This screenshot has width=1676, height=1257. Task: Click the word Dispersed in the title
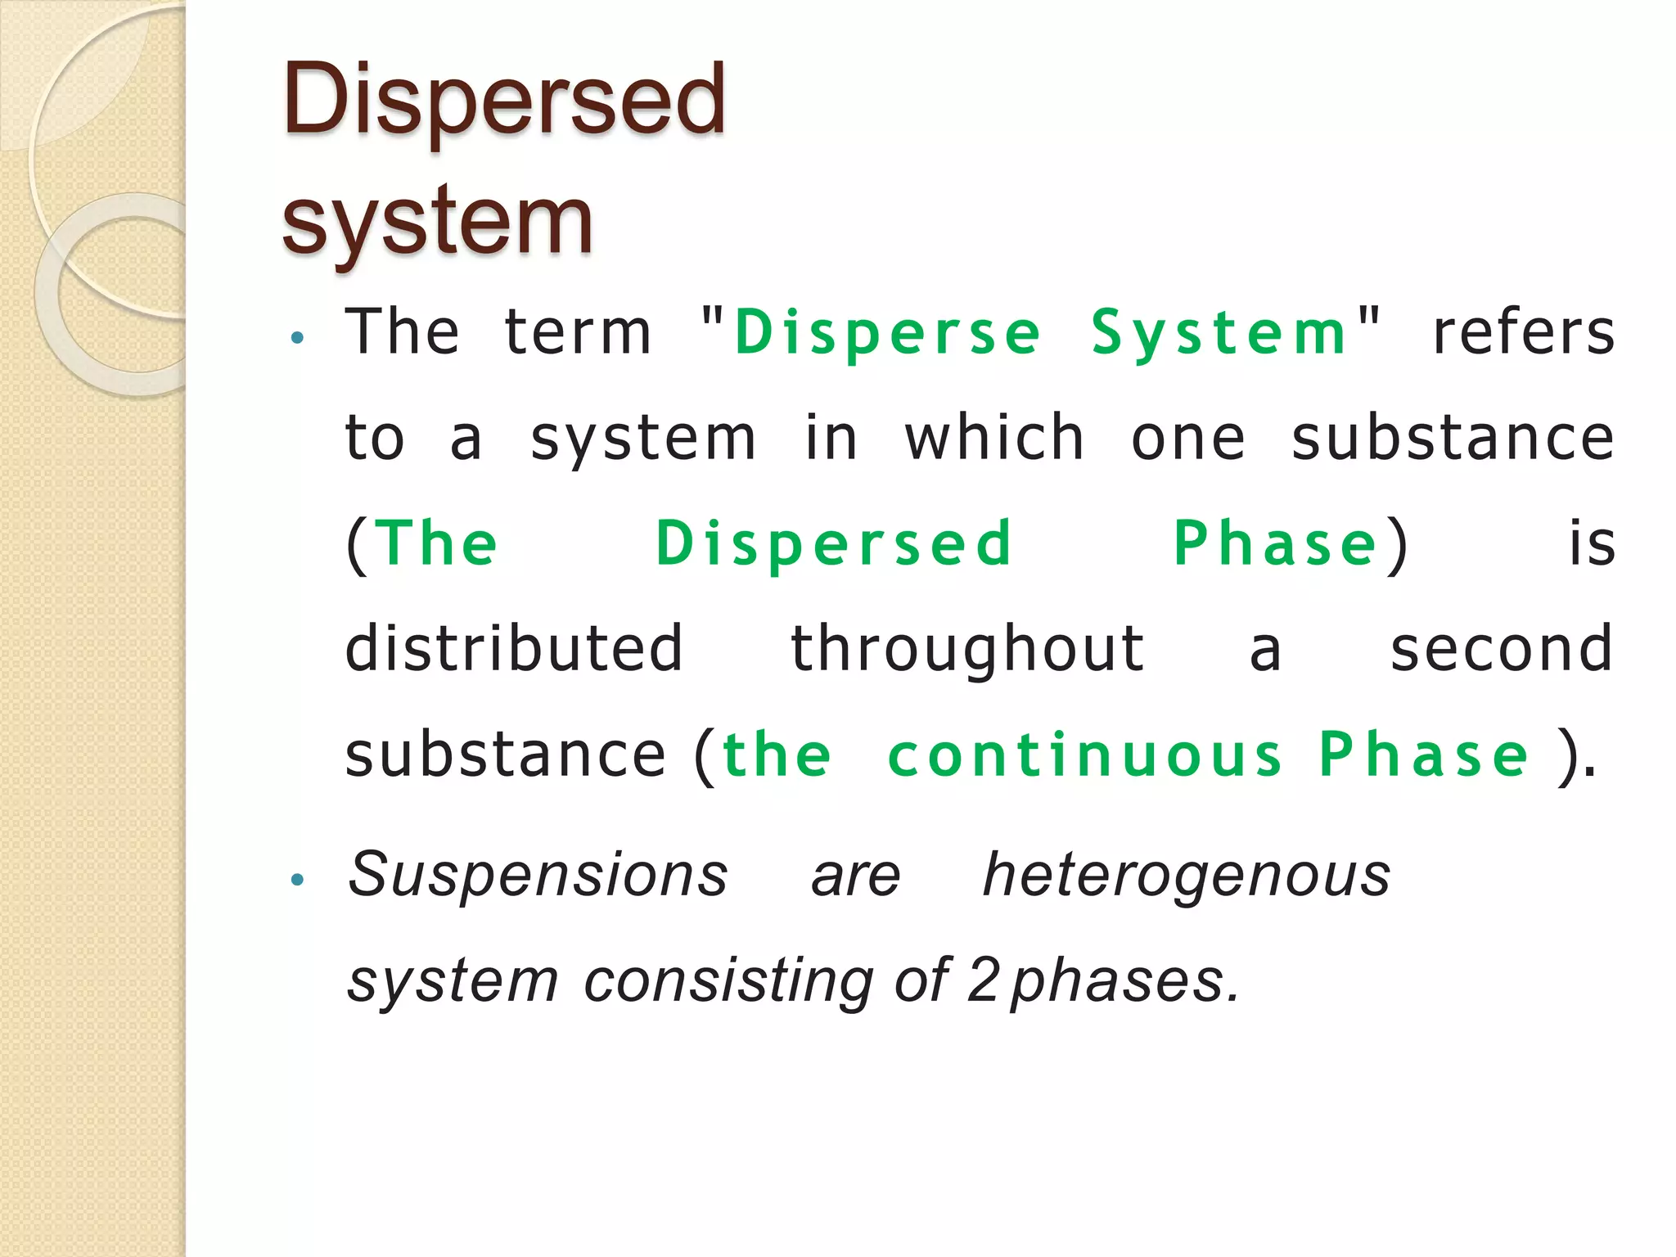(504, 100)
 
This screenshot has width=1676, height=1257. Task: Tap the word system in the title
(437, 219)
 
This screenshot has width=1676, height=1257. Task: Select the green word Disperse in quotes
(887, 334)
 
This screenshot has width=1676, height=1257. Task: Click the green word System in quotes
(1219, 334)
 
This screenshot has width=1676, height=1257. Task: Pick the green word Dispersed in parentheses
(834, 543)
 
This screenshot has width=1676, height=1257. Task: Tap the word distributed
(514, 648)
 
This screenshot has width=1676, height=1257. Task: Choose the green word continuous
(1085, 755)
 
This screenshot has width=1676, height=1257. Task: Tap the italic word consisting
(728, 980)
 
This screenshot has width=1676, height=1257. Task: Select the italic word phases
(1124, 980)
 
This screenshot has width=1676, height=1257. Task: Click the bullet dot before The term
(297, 336)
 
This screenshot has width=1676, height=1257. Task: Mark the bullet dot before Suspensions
(297, 880)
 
